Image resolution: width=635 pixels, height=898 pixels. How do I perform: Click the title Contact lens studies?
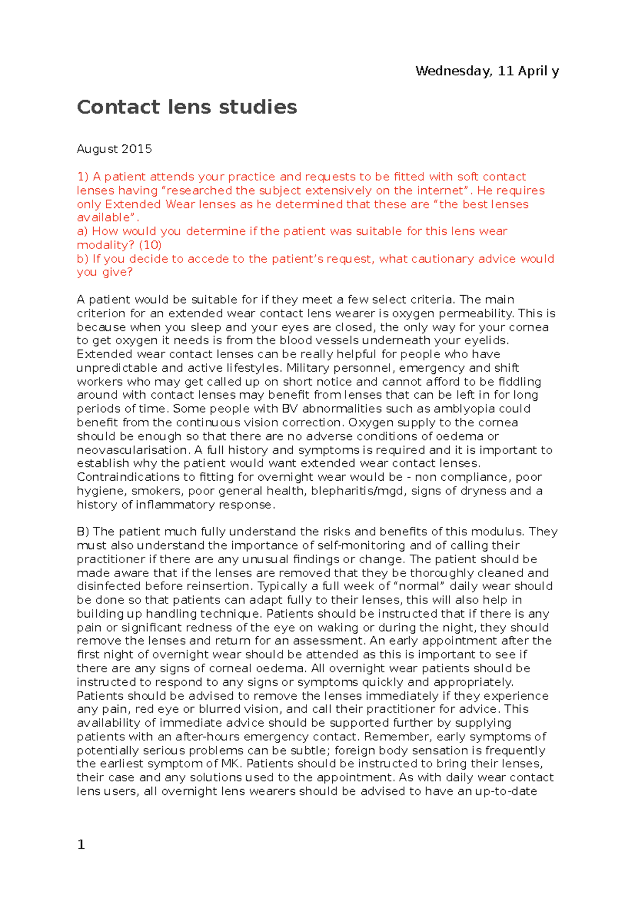(187, 107)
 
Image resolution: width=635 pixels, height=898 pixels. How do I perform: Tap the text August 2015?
(114, 149)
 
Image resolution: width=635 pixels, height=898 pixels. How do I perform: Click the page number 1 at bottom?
(81, 845)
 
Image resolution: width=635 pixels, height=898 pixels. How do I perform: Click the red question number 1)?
(83, 177)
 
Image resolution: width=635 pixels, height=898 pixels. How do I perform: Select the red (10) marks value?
(150, 245)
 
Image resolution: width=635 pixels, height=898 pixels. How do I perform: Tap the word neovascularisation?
(132, 450)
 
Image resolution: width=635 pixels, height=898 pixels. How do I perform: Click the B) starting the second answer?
(83, 532)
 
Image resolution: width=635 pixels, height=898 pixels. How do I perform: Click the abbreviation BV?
(289, 409)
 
